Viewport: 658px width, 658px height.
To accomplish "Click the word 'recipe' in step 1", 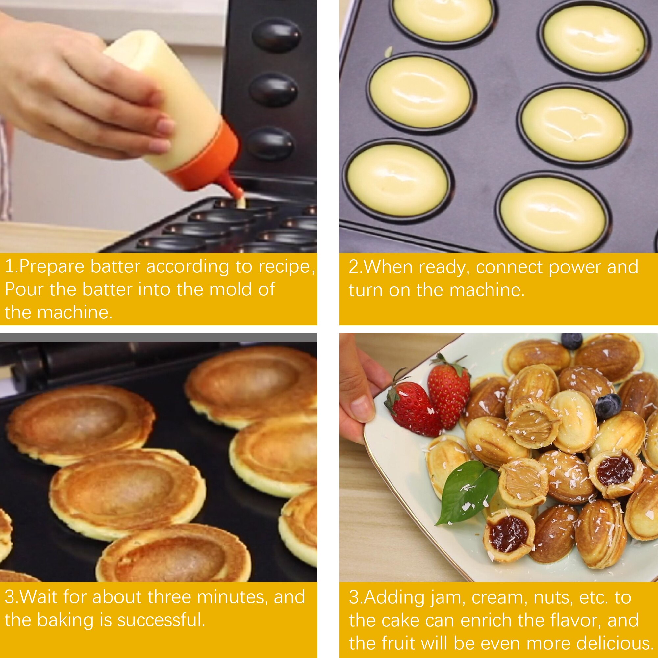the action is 285,267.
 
